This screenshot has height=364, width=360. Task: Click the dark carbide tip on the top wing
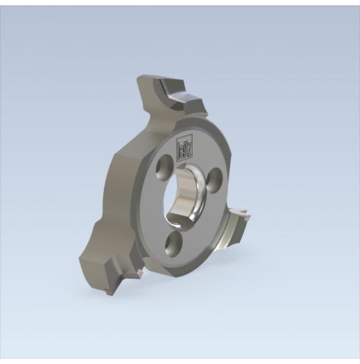(x=186, y=97)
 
